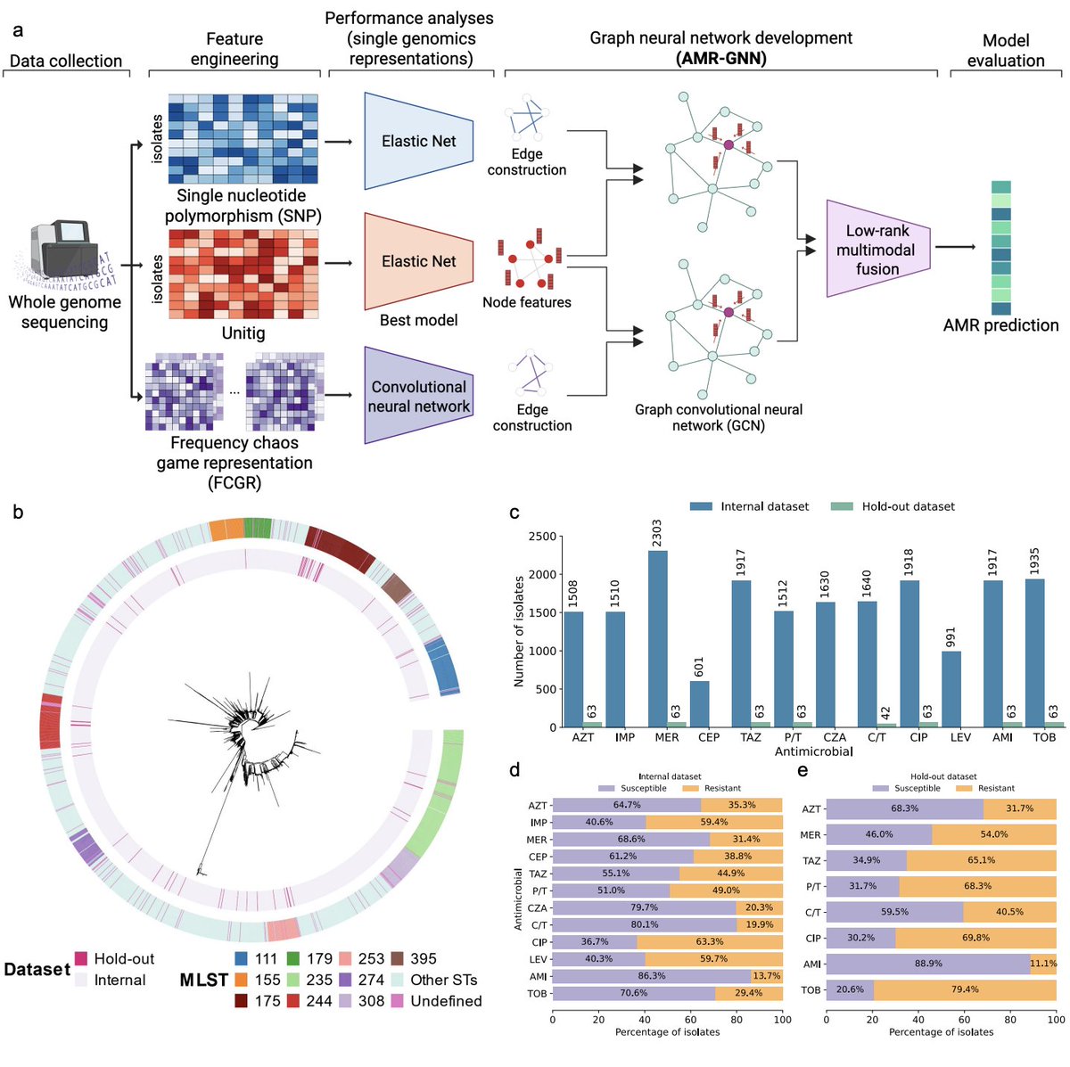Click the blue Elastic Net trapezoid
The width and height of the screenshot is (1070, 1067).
418,141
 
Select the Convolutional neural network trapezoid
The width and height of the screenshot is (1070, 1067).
418,396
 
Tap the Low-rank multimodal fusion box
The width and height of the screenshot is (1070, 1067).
877,249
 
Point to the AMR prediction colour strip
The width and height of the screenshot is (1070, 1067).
1000,248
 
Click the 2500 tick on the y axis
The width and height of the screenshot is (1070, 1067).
541,537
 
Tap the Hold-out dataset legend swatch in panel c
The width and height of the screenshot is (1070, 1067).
842,506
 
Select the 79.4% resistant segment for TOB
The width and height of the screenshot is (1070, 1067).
965,989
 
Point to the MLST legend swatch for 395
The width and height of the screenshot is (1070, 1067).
396,959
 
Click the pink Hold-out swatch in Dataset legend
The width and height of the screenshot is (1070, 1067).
81,959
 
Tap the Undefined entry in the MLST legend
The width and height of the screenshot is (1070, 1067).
446,1001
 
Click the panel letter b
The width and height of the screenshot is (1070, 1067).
18,513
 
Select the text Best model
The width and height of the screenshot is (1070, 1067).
418,320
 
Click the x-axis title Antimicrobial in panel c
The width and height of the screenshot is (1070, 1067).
813,751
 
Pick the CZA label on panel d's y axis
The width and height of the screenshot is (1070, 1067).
537,908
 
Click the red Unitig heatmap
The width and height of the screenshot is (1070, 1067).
243,274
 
